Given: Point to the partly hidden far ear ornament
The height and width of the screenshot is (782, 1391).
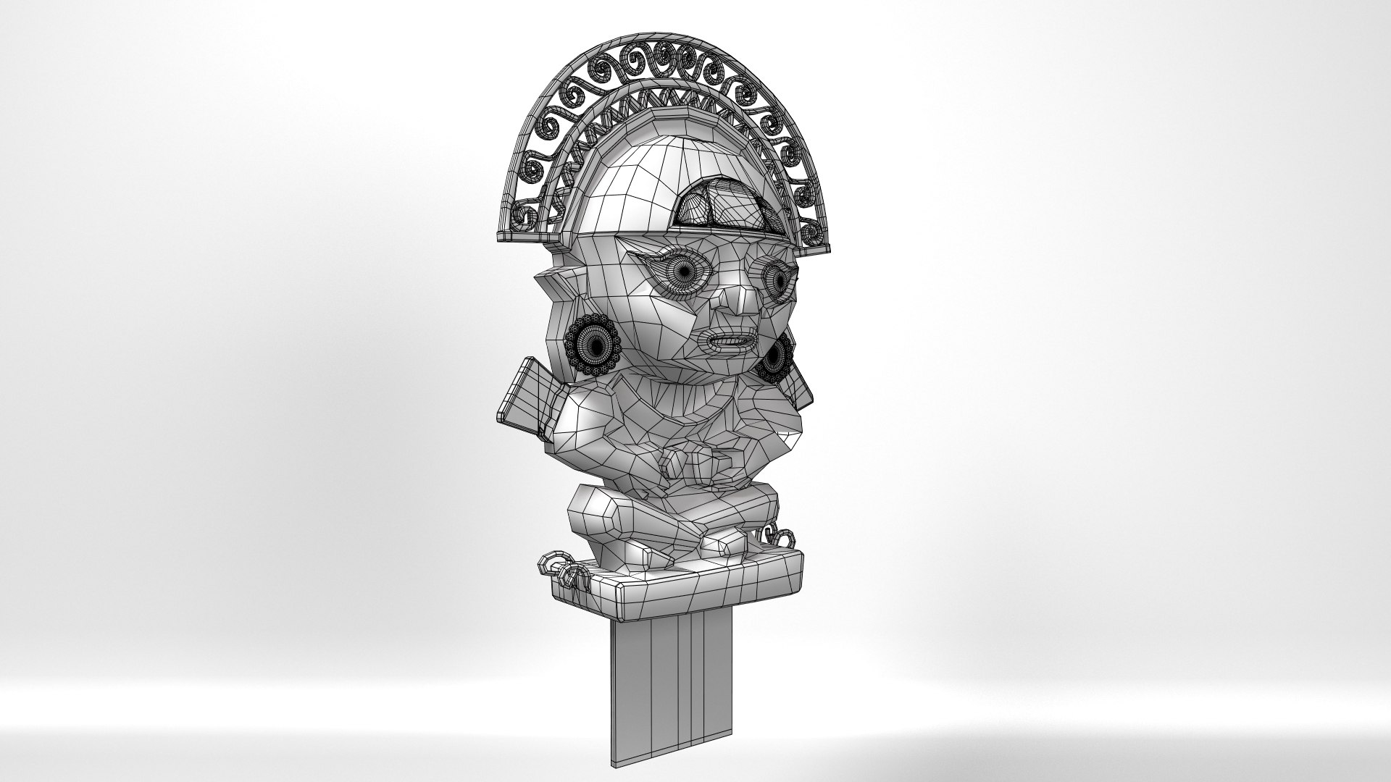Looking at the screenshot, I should [x=774, y=360].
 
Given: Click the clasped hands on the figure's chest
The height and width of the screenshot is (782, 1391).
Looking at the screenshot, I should [x=695, y=463].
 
